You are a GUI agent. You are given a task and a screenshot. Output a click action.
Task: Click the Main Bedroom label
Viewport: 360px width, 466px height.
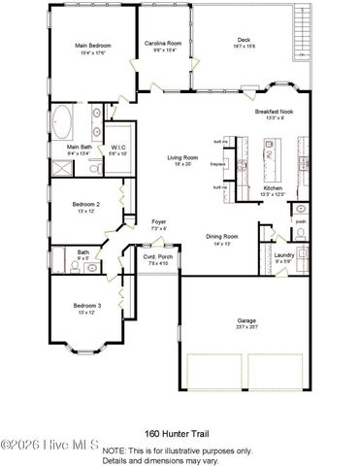tap(95, 45)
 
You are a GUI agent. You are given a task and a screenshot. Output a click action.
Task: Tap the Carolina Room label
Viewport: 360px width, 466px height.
tap(164, 45)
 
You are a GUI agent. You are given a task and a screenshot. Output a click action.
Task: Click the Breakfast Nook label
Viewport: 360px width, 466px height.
tap(274, 112)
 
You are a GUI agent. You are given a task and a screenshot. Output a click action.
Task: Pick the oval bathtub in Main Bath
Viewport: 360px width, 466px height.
tap(60, 122)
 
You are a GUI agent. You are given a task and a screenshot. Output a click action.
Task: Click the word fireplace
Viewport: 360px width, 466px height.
tap(217, 164)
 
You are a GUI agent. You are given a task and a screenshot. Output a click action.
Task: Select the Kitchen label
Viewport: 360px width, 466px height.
tap(275, 187)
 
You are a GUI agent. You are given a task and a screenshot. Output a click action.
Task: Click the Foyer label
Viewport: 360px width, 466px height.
tap(159, 222)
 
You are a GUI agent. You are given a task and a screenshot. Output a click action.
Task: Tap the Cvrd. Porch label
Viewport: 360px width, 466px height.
tap(156, 257)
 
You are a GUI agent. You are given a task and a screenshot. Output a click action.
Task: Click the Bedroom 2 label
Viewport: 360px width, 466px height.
tap(86, 204)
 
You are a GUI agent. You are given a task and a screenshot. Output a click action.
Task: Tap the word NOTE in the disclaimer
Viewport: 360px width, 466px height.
tap(113, 450)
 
